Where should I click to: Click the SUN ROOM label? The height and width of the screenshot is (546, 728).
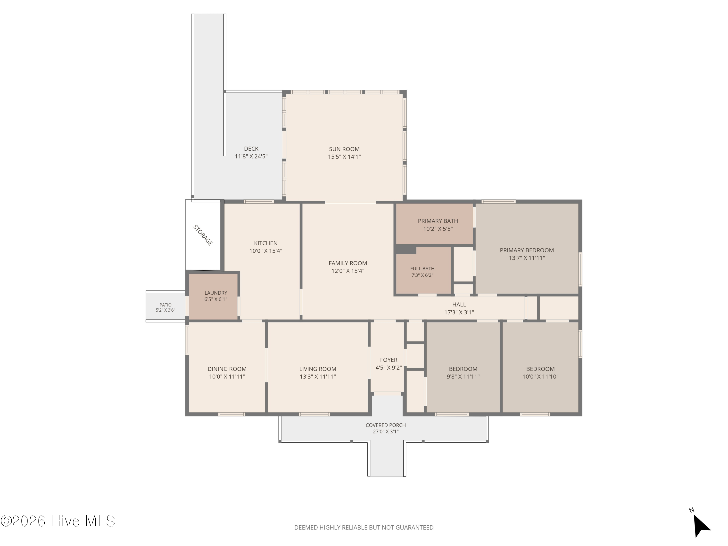click(344, 149)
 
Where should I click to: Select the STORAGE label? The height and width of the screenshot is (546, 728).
click(203, 235)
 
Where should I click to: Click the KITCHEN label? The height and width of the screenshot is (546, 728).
click(265, 243)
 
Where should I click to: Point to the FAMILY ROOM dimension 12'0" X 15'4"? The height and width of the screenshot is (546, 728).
click(348, 271)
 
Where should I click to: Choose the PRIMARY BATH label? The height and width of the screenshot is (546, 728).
click(438, 221)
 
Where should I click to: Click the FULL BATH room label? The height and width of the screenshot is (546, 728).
click(422, 269)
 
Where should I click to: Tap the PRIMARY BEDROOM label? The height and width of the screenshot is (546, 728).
click(527, 250)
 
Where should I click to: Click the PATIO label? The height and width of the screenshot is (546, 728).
click(165, 305)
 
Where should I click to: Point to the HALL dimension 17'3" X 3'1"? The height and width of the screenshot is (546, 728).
click(459, 312)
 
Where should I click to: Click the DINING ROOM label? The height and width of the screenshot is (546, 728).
click(227, 369)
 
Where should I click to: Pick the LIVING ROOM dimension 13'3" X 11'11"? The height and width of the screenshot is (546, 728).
click(318, 377)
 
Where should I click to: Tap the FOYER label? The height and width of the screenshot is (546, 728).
click(389, 360)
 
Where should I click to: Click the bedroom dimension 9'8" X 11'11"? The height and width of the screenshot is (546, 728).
click(463, 377)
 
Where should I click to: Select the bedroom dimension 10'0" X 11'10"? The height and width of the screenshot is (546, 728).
click(540, 377)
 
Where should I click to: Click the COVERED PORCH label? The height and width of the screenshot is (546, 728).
click(386, 425)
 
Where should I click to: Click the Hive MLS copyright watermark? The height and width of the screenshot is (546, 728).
click(58, 521)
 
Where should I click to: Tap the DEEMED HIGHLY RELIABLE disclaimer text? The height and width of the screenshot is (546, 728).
click(364, 528)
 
